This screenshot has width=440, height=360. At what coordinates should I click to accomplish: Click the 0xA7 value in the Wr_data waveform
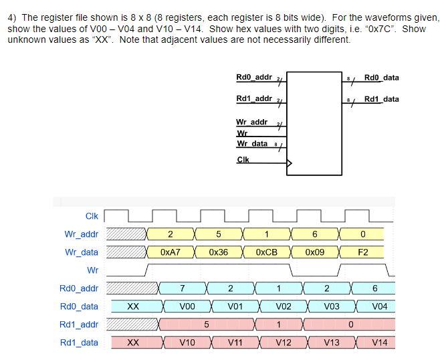[171, 252]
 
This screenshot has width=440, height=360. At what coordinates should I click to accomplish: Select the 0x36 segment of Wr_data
[218, 252]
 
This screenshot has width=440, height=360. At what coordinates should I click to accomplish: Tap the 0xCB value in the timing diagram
[266, 252]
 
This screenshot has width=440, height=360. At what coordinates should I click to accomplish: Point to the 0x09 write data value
[314, 252]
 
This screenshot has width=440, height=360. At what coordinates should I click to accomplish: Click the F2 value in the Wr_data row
[362, 252]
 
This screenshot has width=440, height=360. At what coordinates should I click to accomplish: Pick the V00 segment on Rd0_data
[187, 306]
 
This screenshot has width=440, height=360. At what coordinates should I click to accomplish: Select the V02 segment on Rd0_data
[284, 306]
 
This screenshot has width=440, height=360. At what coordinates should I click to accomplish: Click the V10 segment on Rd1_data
[187, 343]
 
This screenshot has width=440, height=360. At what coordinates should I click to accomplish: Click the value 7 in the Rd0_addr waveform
[183, 288]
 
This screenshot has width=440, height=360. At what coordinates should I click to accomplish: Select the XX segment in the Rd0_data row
[133, 306]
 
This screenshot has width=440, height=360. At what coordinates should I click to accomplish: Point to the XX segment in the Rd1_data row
[133, 343]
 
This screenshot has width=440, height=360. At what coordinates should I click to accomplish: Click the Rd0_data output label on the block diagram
[381, 78]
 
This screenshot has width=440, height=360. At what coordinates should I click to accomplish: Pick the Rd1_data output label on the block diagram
[381, 100]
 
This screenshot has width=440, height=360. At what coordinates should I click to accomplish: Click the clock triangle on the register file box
[290, 162]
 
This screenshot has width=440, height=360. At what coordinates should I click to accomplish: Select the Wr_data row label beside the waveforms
[81, 252]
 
